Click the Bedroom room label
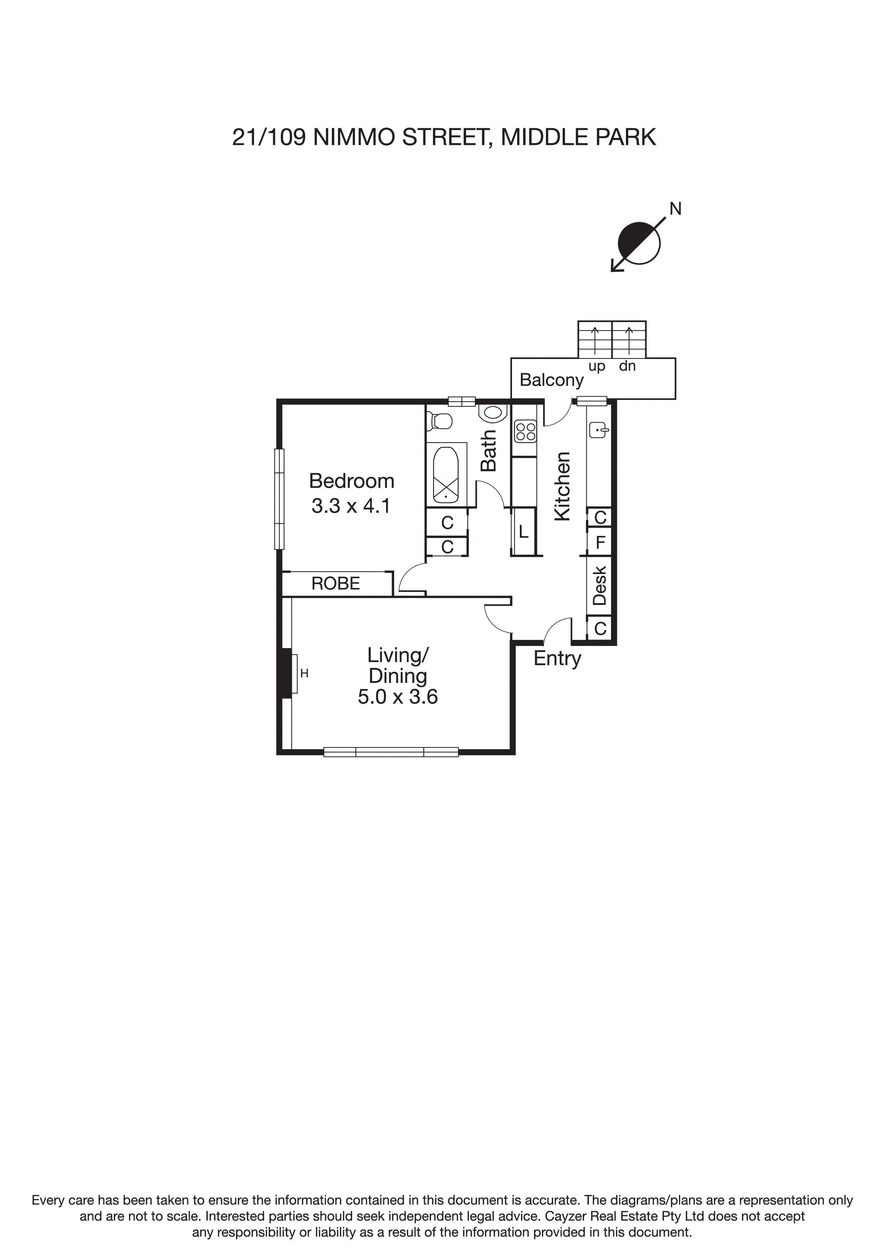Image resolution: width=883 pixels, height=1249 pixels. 351,481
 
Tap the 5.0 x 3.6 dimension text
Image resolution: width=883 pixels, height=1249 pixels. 398,697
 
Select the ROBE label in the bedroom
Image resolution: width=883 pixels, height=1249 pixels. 336,584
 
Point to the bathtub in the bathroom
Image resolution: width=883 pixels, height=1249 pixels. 445,474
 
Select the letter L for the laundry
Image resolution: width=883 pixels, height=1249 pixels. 523,532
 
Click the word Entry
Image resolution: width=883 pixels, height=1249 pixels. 557,659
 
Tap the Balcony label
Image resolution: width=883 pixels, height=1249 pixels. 552,380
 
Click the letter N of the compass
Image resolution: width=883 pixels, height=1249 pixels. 675,209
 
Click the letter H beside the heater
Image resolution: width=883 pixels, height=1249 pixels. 304,674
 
